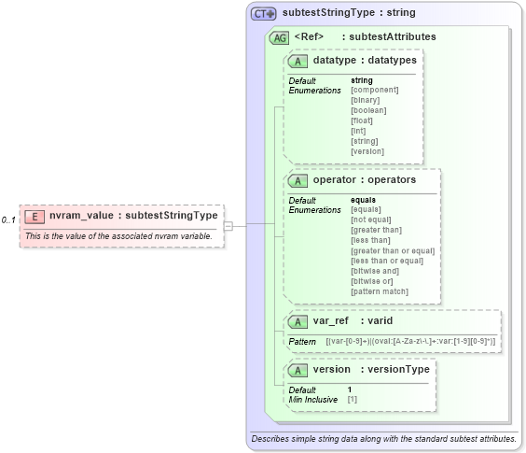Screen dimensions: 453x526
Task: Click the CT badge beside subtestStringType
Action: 264,14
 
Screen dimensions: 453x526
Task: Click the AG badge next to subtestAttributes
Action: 278,37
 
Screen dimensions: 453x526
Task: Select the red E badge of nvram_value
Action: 35,216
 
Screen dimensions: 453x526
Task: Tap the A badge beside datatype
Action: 298,61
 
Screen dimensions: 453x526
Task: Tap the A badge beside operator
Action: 298,179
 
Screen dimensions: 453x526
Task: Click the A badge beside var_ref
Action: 298,321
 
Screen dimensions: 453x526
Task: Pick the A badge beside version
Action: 298,369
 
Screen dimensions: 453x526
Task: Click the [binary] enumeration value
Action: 367,100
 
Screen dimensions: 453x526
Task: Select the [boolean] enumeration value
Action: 369,110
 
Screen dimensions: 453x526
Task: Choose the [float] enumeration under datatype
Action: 363,120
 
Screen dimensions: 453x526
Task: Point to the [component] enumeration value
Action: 374,90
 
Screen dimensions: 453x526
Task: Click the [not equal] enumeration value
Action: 372,219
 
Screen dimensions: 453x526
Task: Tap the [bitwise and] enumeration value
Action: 376,271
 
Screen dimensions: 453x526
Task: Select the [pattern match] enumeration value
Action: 380,291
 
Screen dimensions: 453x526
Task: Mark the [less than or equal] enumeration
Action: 387,261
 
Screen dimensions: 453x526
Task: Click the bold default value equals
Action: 363,200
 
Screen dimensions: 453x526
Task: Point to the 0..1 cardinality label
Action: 8,220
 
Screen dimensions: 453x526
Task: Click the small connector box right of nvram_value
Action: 228,224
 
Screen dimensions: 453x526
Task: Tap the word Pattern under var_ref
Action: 302,343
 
